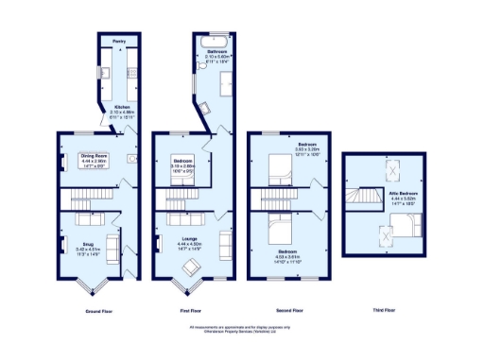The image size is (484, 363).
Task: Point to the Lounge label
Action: click(x=189, y=237)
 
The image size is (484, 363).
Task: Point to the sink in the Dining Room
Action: click(x=130, y=159)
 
